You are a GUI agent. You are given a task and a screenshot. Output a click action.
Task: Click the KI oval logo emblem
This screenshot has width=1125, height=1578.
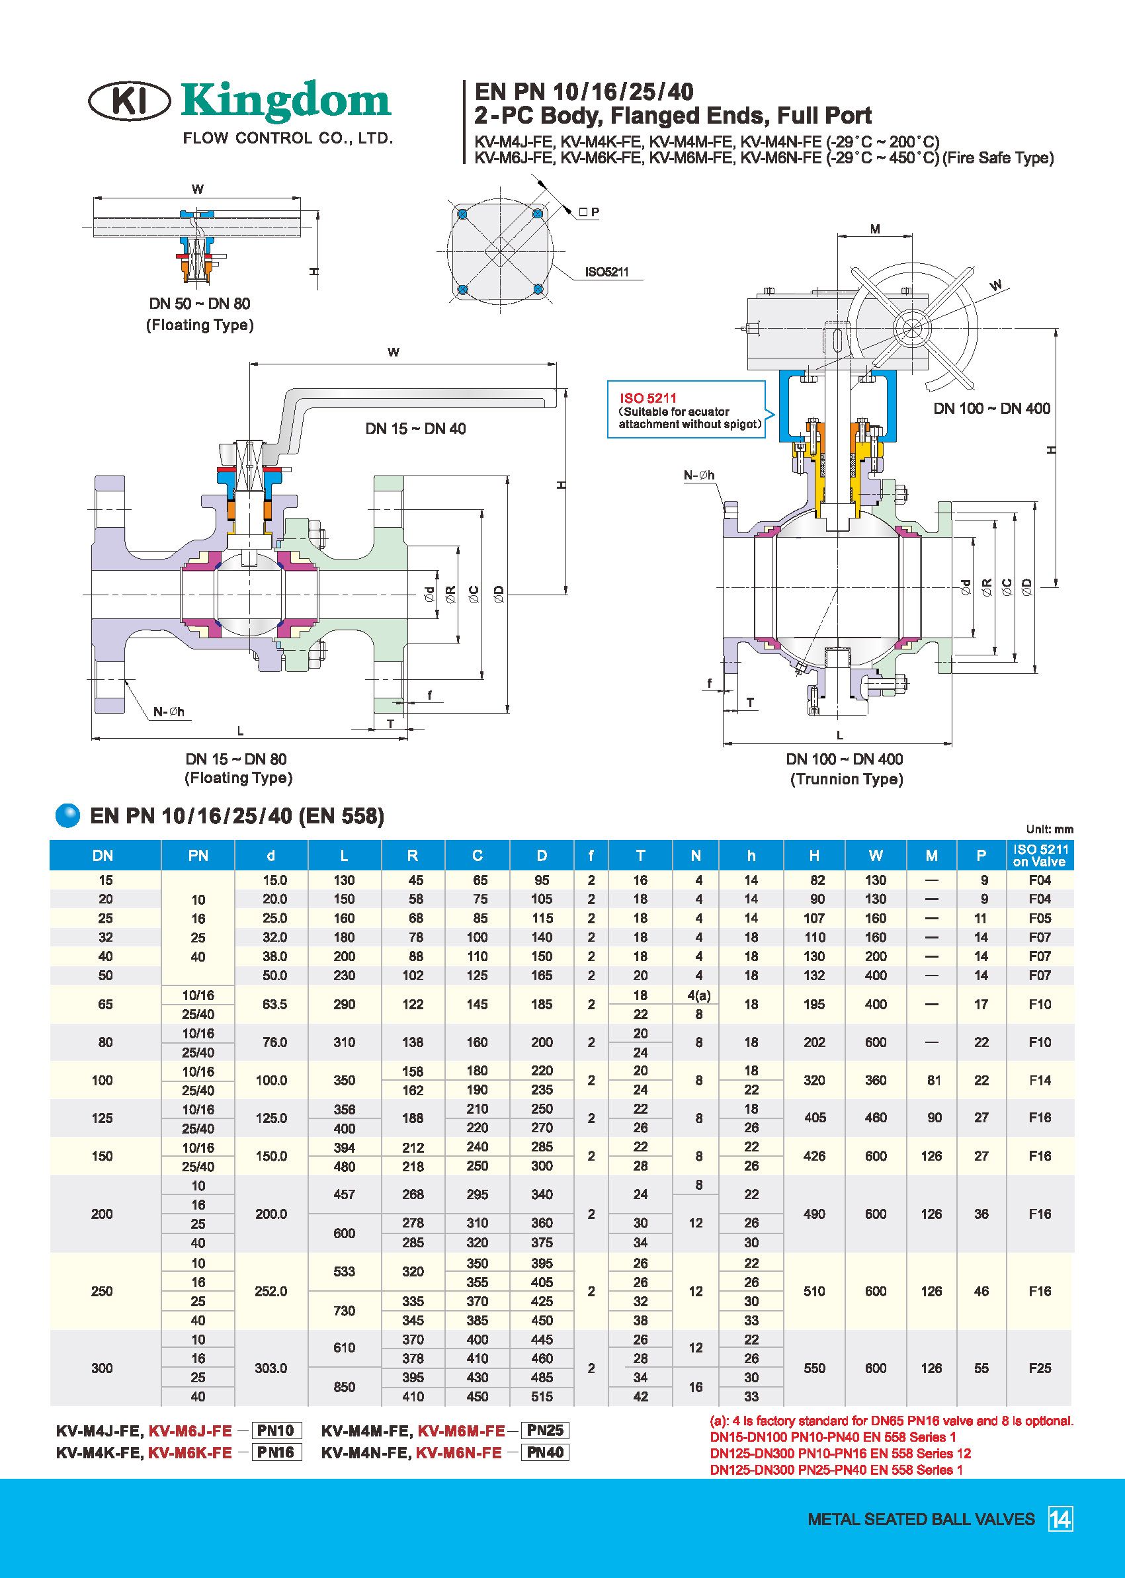(x=130, y=101)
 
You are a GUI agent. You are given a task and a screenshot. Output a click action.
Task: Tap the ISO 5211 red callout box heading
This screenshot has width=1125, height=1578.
(x=647, y=397)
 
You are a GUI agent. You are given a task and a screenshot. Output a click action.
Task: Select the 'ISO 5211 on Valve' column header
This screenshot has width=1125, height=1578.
(x=1040, y=855)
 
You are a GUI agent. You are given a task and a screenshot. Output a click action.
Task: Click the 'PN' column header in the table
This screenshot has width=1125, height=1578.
(x=198, y=856)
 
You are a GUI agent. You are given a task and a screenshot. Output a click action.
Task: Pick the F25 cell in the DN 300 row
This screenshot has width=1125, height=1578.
(x=1040, y=1368)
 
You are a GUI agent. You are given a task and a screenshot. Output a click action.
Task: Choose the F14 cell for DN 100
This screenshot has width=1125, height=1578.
(x=1040, y=1080)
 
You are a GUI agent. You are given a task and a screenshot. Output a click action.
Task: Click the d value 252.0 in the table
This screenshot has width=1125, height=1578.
(x=271, y=1291)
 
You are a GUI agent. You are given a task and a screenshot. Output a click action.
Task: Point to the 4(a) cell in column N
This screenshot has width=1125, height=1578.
(x=698, y=995)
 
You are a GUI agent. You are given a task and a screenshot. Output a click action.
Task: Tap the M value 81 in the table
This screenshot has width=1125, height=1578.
(x=933, y=1080)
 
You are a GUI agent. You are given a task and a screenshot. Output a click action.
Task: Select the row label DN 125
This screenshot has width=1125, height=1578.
(x=103, y=1118)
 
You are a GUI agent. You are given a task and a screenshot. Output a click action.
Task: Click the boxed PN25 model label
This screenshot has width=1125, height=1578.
(x=545, y=1430)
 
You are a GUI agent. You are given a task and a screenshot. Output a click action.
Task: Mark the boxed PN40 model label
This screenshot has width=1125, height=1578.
(x=545, y=1452)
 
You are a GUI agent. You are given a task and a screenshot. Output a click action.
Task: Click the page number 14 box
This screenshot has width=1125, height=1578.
(x=1060, y=1519)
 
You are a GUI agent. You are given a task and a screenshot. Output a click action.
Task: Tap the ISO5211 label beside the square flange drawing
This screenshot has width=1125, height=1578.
(x=607, y=272)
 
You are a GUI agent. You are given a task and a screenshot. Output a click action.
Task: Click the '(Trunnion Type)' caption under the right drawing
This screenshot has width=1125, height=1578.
(x=846, y=779)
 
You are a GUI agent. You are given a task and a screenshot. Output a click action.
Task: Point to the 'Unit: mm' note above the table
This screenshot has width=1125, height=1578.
(x=1050, y=829)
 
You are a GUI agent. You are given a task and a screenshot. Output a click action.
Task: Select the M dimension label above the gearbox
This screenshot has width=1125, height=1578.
(x=875, y=229)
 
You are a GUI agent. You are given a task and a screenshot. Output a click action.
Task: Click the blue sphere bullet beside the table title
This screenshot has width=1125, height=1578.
(x=68, y=815)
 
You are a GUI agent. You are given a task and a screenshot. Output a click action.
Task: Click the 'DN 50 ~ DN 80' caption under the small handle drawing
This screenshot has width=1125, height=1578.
(x=200, y=304)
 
